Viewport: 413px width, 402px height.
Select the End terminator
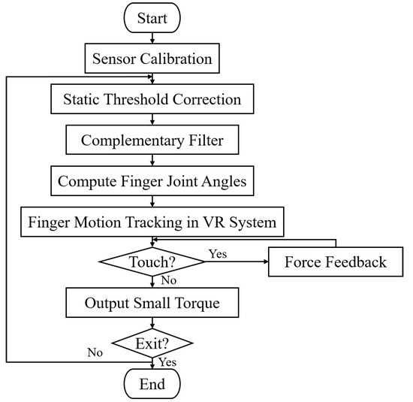(153, 385)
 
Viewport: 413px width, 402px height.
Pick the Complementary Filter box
(153, 140)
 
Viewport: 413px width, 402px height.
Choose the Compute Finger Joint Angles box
(153, 181)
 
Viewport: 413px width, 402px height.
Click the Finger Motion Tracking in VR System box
(153, 222)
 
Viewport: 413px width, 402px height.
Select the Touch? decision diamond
(153, 262)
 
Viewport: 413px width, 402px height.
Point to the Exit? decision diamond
(153, 343)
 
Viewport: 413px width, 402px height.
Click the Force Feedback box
(336, 262)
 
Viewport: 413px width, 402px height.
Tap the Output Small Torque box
(153, 303)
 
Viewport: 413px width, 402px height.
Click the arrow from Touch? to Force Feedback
(236, 262)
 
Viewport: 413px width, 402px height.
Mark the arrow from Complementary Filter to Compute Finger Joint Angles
(153, 160)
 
